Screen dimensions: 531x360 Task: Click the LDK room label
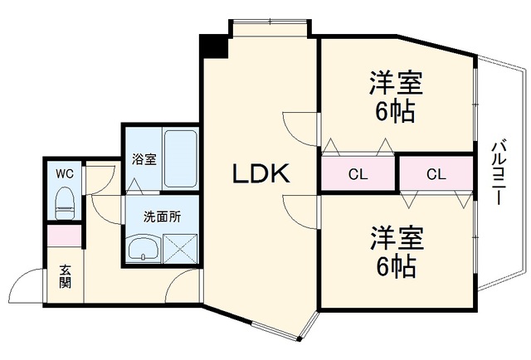(x=261, y=173)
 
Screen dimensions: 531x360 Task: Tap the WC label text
(x=65, y=174)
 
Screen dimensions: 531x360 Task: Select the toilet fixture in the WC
(x=65, y=204)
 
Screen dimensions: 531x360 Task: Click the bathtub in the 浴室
(x=180, y=158)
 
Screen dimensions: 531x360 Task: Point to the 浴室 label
(x=144, y=159)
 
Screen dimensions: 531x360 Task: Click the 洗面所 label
(x=163, y=216)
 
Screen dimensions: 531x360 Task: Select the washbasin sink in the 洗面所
(x=144, y=248)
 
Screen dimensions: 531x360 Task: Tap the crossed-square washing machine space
(x=180, y=249)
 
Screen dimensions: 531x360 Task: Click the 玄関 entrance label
(x=66, y=276)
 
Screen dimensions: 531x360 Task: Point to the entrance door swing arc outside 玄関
(x=26, y=285)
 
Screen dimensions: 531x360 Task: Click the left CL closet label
(x=358, y=175)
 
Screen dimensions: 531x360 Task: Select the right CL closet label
(x=436, y=175)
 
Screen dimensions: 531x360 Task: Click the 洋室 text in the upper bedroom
(x=396, y=83)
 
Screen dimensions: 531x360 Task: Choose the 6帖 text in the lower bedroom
(x=396, y=266)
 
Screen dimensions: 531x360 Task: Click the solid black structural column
(x=214, y=46)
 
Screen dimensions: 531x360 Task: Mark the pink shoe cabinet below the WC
(x=64, y=236)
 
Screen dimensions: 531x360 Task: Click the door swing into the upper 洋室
(x=300, y=129)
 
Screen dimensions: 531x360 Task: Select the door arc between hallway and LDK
(x=183, y=286)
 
